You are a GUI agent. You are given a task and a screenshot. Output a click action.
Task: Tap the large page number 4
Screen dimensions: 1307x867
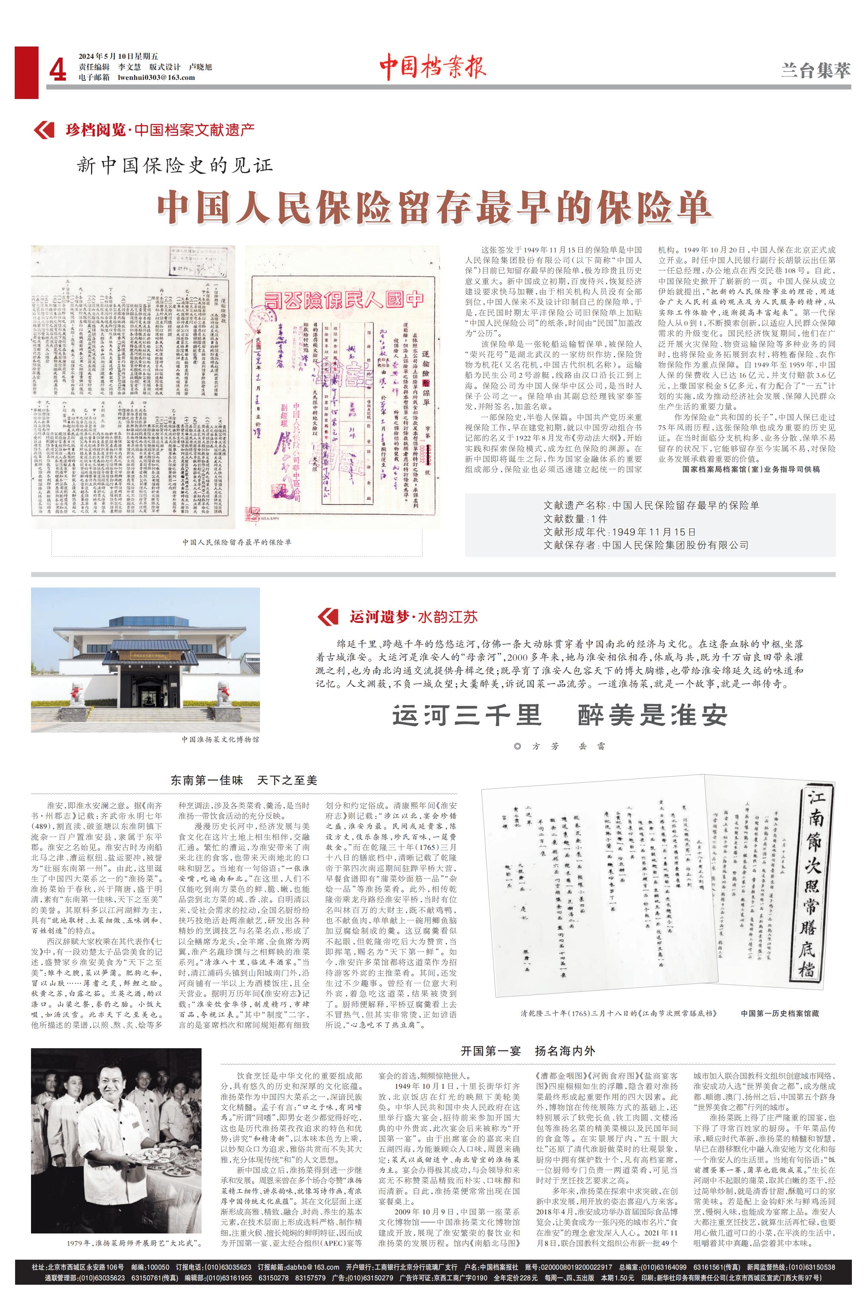[x=58, y=71]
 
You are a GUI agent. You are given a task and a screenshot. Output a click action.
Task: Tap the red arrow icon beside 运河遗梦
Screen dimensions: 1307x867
[x=328, y=617]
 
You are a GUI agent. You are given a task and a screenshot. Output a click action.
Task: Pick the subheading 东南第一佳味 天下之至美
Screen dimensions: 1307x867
[x=243, y=781]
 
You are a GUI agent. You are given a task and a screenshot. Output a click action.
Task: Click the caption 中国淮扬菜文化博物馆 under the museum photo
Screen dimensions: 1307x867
[x=220, y=739]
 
